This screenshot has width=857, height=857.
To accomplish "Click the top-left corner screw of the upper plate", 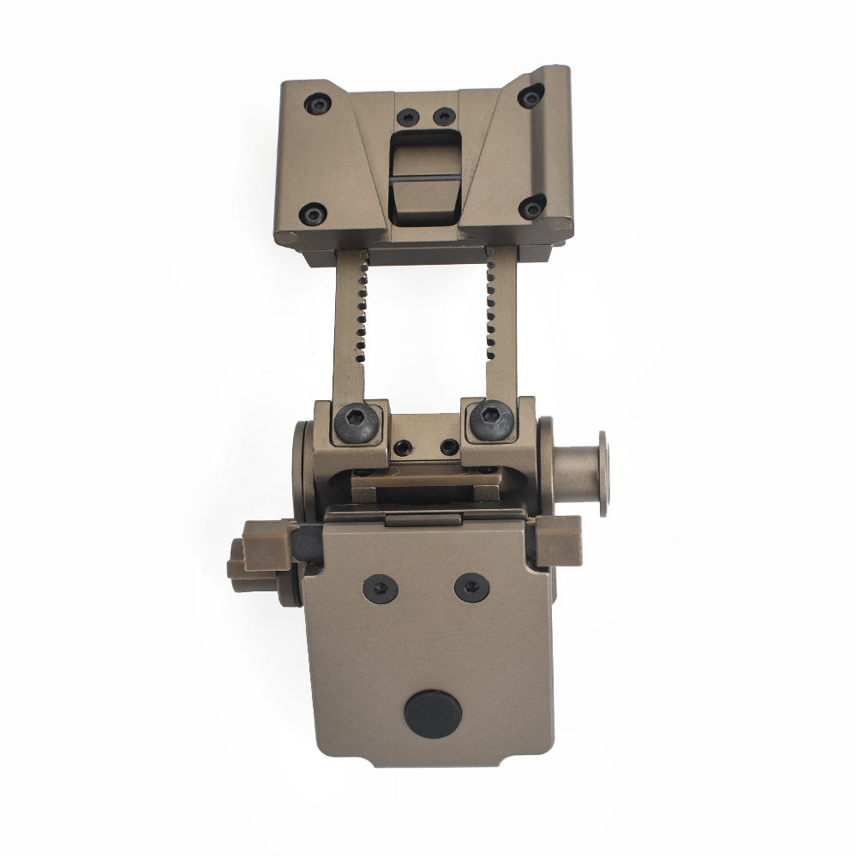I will (318, 105).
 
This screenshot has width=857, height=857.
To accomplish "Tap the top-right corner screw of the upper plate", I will (531, 97).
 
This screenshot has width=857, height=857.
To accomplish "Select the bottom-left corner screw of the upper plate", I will (315, 213).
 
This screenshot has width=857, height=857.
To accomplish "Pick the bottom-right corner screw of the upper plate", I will (532, 206).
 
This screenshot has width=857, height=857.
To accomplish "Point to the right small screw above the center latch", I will (442, 115).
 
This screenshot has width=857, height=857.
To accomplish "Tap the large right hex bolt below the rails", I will (489, 421).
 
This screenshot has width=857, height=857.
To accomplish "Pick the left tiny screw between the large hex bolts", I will (402, 446).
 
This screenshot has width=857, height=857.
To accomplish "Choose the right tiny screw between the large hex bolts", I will (448, 446).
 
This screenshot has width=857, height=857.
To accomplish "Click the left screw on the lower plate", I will (379, 587).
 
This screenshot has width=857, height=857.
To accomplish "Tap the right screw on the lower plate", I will (470, 587).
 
